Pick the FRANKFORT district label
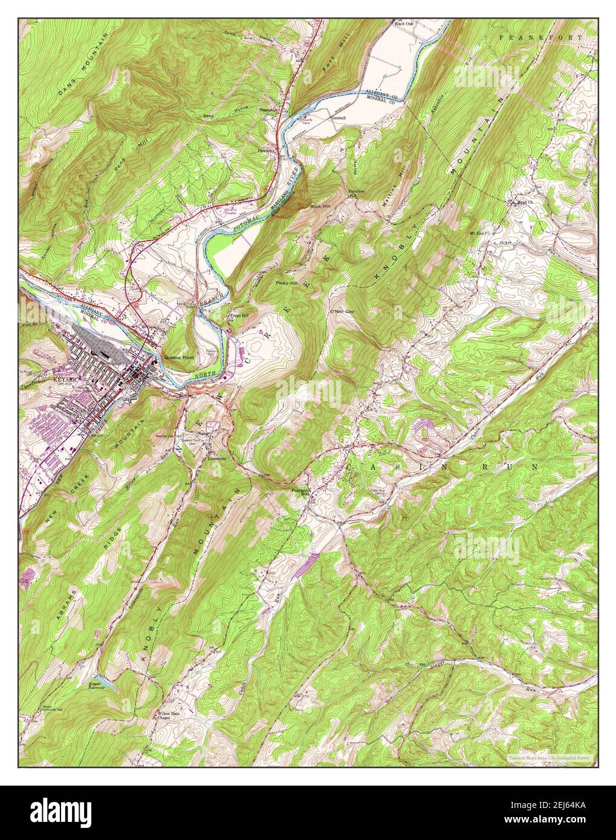click(541, 37)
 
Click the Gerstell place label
click(341, 117)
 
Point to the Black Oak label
click(403, 24)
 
